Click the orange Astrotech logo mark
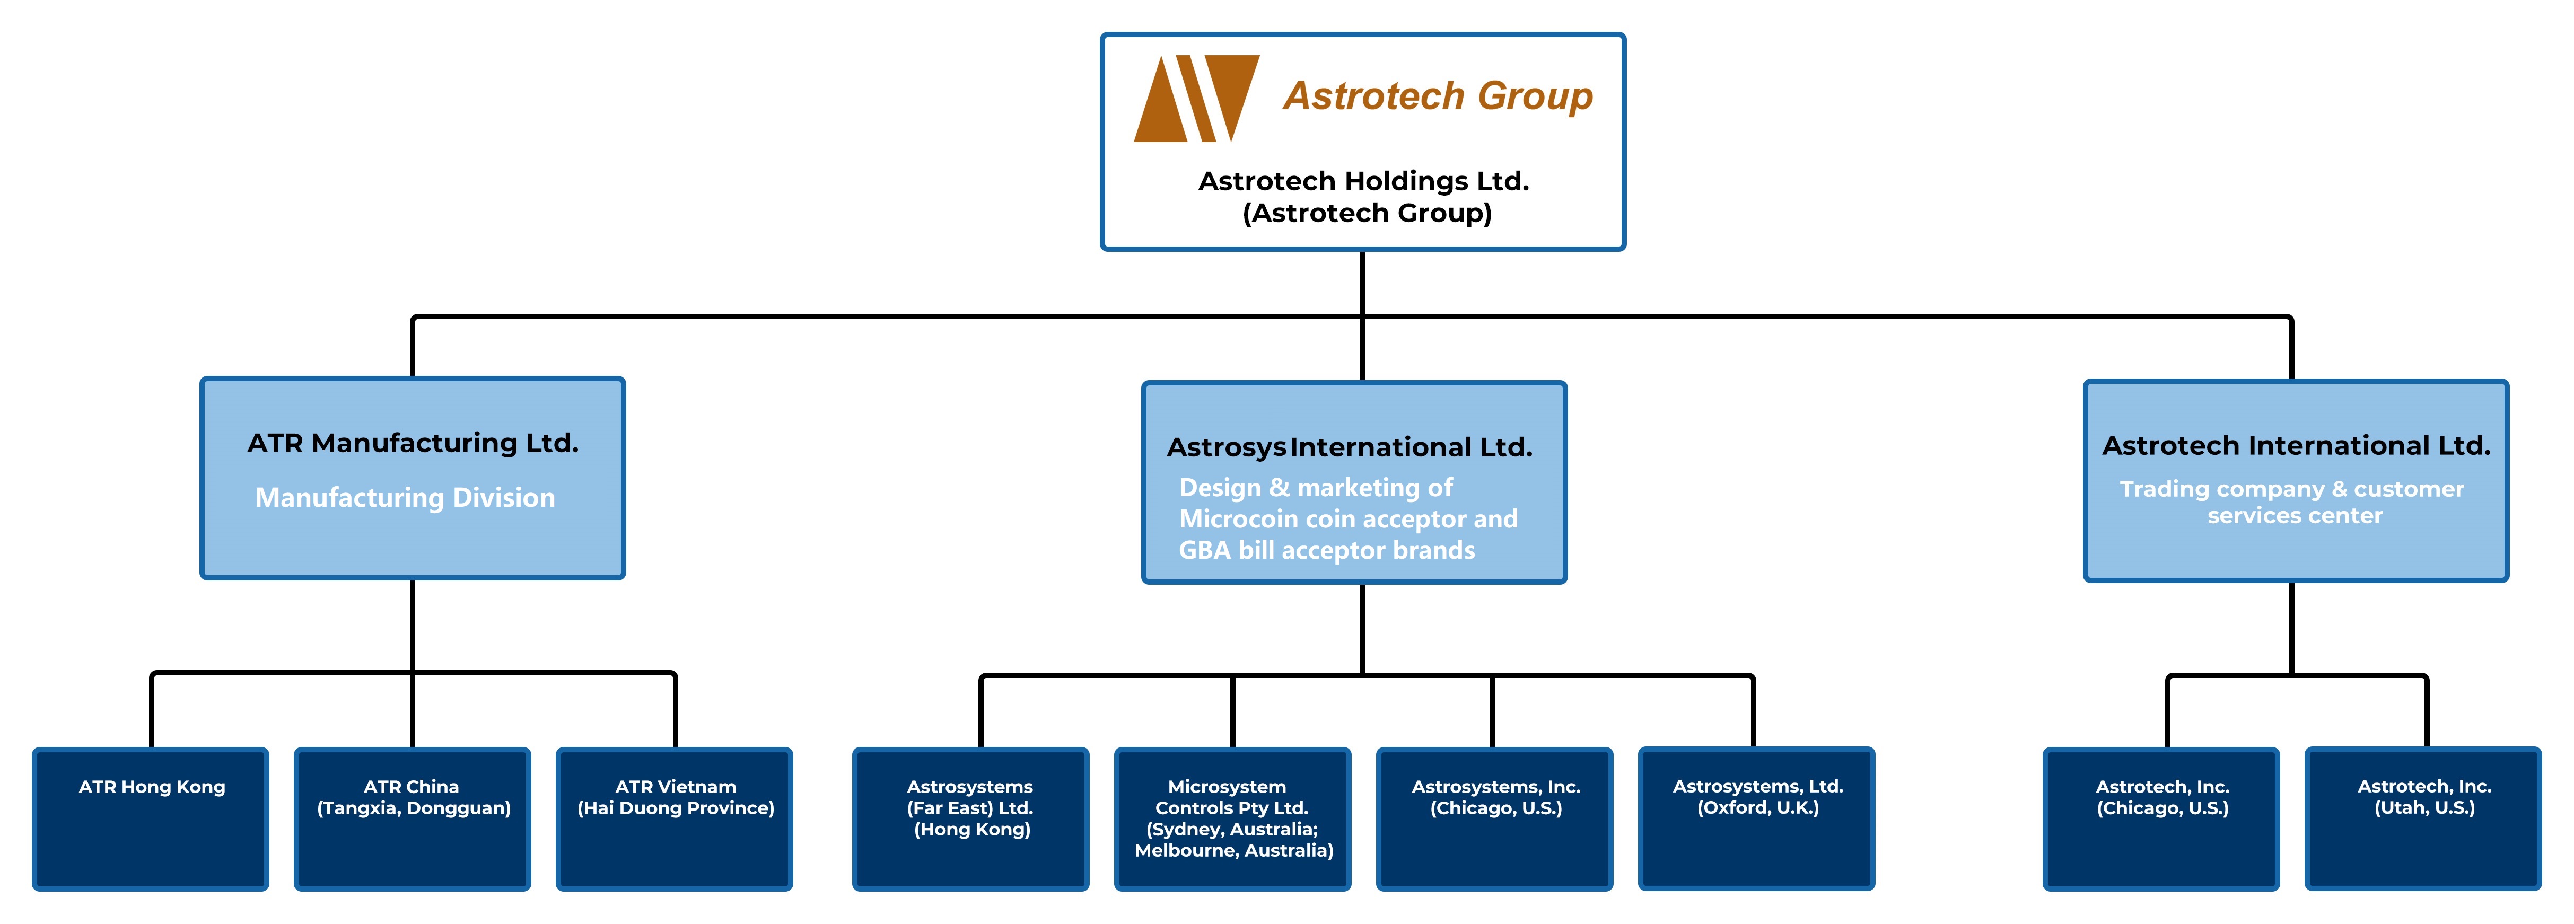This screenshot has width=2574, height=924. (x=1196, y=98)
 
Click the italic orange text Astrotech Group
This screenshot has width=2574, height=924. (x=1438, y=96)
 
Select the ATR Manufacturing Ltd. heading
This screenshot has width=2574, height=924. (x=413, y=443)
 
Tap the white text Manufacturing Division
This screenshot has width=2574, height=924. (x=405, y=497)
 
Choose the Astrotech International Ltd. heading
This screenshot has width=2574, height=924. (x=2296, y=445)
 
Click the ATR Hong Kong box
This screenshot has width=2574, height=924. (x=151, y=819)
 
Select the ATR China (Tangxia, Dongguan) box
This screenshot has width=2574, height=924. (x=413, y=819)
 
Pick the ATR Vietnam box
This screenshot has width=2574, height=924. (x=675, y=819)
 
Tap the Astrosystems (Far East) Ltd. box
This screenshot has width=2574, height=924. (x=970, y=819)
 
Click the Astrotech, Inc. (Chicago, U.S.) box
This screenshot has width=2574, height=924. (x=2161, y=819)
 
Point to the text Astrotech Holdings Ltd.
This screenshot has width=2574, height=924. (x=1364, y=181)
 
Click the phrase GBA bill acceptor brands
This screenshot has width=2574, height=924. (x=1327, y=550)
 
